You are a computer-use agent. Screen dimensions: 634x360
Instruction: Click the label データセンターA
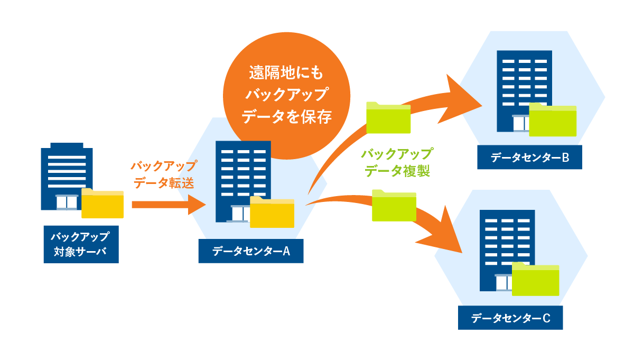(x=251, y=251)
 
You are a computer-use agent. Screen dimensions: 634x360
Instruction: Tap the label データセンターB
(x=529, y=157)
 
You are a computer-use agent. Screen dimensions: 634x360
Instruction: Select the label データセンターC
(x=510, y=318)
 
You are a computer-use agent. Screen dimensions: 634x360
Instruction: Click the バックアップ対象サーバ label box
(x=81, y=244)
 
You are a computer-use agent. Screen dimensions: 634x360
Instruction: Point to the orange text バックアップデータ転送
(x=164, y=174)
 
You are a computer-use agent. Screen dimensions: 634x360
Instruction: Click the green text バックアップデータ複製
(x=397, y=163)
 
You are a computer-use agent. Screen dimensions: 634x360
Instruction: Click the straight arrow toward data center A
(x=169, y=205)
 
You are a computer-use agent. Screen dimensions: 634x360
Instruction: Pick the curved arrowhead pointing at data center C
(x=442, y=232)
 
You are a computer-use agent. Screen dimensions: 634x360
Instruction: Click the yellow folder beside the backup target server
(x=102, y=203)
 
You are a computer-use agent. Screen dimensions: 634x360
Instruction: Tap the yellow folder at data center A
(x=272, y=212)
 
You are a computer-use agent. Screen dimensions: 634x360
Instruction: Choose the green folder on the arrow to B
(x=388, y=117)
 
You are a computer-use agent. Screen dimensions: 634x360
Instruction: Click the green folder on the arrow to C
(x=394, y=205)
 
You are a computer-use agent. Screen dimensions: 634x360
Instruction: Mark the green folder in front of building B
(x=553, y=120)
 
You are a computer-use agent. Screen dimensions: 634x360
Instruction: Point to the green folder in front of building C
(x=536, y=279)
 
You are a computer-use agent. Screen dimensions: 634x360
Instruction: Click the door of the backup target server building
(x=67, y=202)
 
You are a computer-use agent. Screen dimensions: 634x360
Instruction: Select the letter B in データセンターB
(x=565, y=158)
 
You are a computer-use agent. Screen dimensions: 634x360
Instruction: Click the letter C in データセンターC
(x=546, y=318)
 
